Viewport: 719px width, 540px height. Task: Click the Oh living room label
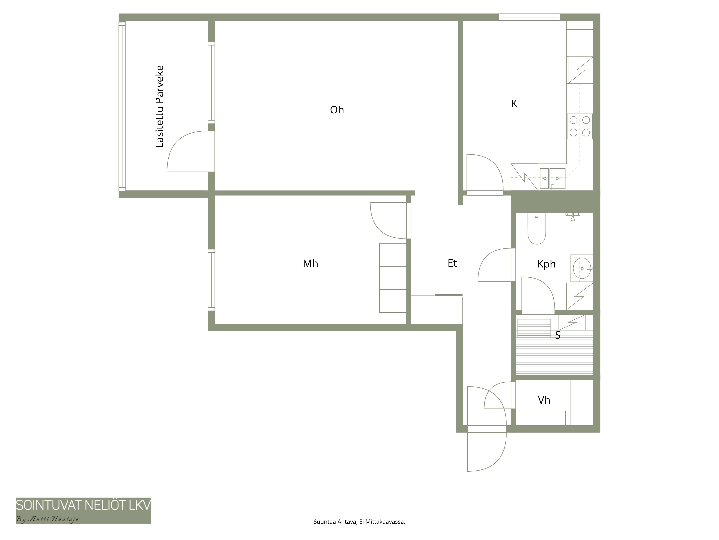point(337,110)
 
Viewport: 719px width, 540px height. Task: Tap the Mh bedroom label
point(310,263)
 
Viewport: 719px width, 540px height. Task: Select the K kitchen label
point(514,103)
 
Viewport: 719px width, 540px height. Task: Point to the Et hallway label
point(452,263)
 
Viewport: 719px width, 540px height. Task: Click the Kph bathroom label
point(546,264)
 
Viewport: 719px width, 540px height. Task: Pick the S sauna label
point(558,335)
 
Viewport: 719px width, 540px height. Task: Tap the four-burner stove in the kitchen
point(580,126)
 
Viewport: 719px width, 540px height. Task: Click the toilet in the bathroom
point(537,228)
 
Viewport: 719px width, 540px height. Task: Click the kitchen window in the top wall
point(530,17)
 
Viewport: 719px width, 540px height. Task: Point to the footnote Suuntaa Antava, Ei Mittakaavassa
point(359,522)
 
